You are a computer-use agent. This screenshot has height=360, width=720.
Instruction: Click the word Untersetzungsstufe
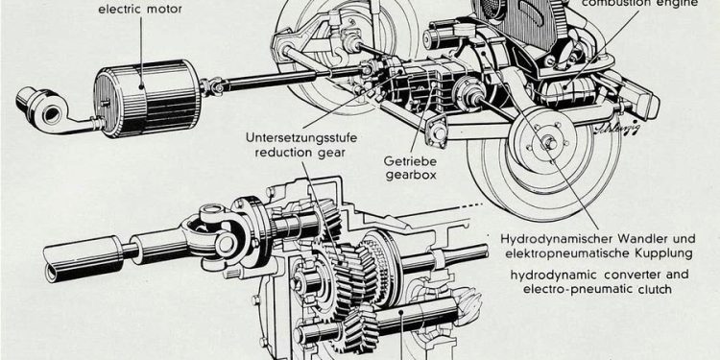point(301,137)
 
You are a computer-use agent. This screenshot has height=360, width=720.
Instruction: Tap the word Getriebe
point(411,162)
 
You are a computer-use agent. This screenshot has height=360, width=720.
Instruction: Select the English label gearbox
point(411,175)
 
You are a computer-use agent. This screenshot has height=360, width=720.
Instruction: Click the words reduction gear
point(300,153)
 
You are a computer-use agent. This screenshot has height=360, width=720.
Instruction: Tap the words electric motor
point(140,10)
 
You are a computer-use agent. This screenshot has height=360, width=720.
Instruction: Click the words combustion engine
point(640,4)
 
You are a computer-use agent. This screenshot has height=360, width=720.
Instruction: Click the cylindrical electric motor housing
point(147,98)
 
